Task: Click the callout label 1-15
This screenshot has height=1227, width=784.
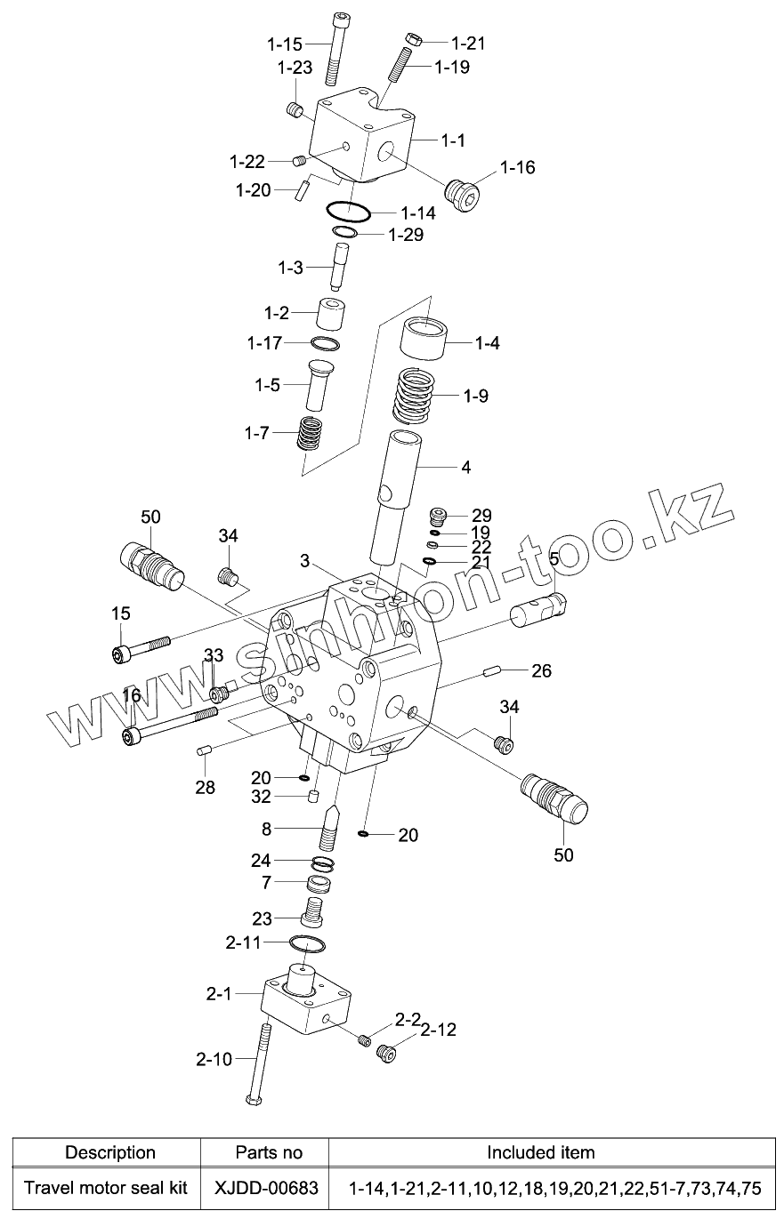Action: pyautogui.click(x=285, y=43)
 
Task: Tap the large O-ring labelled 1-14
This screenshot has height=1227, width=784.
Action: pyautogui.click(x=348, y=212)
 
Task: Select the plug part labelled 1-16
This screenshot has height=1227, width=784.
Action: pyautogui.click(x=461, y=194)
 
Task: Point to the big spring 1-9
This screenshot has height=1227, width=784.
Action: pyautogui.click(x=417, y=396)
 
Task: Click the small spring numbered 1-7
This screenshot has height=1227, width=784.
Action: pyautogui.click(x=310, y=433)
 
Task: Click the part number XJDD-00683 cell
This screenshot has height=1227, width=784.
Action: pyautogui.click(x=264, y=1188)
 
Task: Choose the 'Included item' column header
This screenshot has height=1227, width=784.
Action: pyautogui.click(x=540, y=1152)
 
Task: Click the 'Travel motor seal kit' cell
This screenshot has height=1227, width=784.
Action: pyautogui.click(x=106, y=1188)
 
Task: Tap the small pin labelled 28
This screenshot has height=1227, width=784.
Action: pyautogui.click(x=202, y=751)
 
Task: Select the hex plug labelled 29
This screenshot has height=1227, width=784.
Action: pyautogui.click(x=437, y=516)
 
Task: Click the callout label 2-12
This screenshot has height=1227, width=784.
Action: pyautogui.click(x=438, y=1030)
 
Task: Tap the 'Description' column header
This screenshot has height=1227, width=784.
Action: pyautogui.click(x=110, y=1152)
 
